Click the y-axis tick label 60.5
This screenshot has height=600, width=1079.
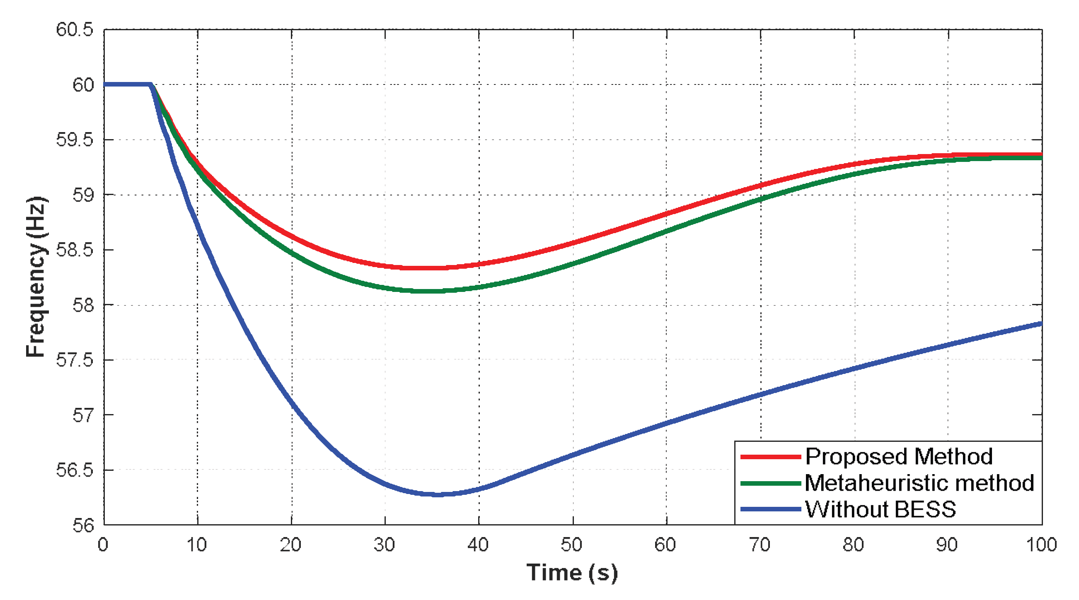75,30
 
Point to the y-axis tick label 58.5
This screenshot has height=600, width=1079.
75,250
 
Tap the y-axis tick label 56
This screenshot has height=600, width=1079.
83,525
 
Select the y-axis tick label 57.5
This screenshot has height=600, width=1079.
75,360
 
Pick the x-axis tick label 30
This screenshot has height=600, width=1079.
385,545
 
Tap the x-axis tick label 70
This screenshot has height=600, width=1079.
760,545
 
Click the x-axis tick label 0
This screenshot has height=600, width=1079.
103,545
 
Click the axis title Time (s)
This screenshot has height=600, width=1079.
572,572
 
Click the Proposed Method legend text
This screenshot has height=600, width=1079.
899,456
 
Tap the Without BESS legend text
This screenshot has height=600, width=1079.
881,509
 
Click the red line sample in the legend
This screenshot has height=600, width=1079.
770,457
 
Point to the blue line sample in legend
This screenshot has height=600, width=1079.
770,509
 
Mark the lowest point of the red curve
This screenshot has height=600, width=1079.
423,267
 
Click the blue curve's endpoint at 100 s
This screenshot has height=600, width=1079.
1041,324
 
